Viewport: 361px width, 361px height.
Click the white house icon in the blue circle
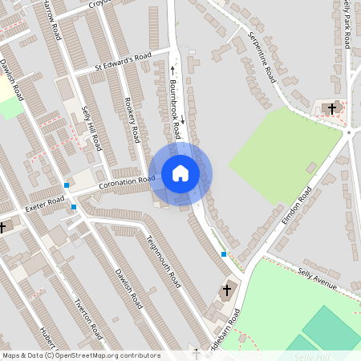pyautogui.click(x=180, y=173)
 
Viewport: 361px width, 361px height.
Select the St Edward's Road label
pyautogui.click(x=123, y=62)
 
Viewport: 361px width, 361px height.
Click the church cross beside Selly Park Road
pyautogui.click(x=331, y=107)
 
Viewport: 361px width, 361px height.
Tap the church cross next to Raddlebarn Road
pyautogui.click(x=226, y=290)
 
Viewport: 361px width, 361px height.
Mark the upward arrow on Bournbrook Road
pyautogui.click(x=172, y=69)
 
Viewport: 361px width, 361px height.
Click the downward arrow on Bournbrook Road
pyautogui.click(x=182, y=120)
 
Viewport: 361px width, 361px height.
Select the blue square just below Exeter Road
pyautogui.click(x=74, y=207)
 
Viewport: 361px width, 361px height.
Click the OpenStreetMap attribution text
pyautogui.click(x=80, y=355)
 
